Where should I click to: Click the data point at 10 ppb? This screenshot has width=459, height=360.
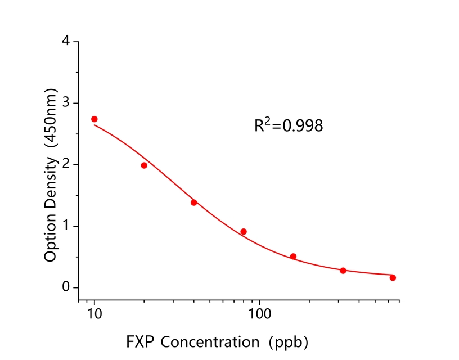[94, 119]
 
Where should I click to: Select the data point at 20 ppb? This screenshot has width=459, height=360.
[144, 165]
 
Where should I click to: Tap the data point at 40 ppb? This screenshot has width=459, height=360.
[194, 202]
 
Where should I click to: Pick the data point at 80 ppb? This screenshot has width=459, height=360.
[244, 232]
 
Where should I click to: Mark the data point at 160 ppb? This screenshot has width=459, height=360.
[293, 256]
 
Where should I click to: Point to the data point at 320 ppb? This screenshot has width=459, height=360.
[343, 271]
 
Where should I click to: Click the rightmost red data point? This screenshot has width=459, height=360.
[393, 278]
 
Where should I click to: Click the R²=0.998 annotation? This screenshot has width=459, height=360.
[289, 125]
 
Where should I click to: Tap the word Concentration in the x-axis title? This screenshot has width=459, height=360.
[205, 341]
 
